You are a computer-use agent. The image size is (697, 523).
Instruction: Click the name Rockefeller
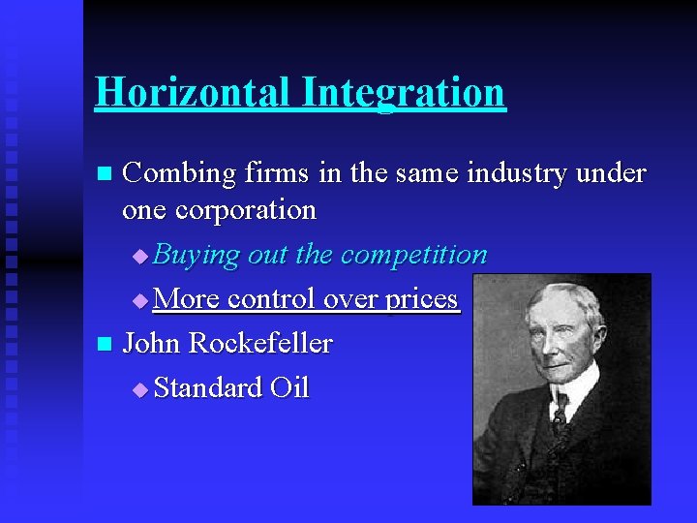[x=260, y=343]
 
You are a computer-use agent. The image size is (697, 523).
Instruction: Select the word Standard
[x=208, y=387]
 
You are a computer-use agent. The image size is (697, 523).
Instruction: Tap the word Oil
[x=289, y=387]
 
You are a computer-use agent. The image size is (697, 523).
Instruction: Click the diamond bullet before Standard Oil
[x=139, y=389]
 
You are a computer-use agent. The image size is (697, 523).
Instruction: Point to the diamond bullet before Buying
[x=139, y=257]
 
